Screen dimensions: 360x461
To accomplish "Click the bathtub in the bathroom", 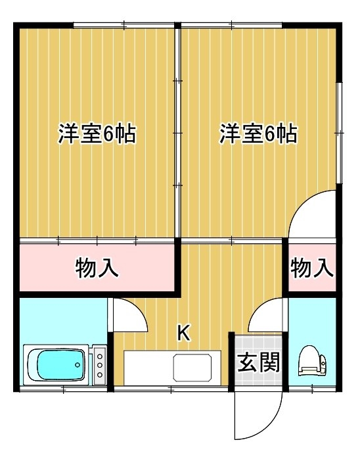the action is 56,364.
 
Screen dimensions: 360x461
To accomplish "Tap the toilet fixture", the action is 312,361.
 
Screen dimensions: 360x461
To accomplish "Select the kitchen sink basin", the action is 192,367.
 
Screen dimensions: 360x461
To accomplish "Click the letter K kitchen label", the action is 184,333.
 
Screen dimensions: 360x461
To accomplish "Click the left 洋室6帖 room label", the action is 97,133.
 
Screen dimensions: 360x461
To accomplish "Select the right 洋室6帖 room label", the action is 258,133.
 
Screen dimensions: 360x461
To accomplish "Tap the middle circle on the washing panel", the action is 100,365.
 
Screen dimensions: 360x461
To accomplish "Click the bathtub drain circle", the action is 78,365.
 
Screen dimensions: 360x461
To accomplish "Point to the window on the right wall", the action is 339,133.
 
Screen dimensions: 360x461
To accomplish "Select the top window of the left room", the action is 124,25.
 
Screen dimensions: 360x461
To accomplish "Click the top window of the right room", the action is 232,25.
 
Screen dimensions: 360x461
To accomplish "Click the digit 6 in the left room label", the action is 108,134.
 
